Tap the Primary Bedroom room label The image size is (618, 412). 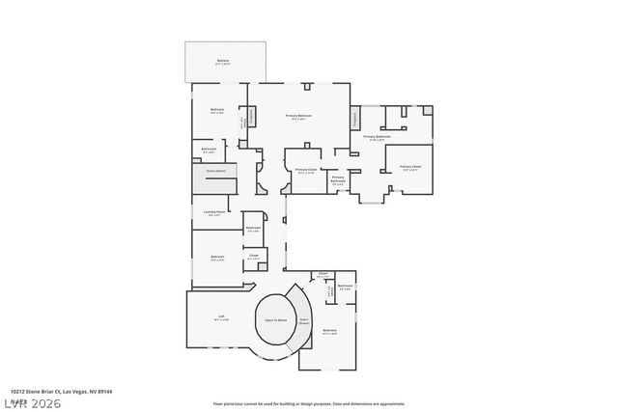(x=298, y=117)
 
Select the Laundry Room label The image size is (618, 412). (x=214, y=213)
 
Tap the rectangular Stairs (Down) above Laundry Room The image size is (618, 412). (x=214, y=171)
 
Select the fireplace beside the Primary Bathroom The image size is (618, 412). (x=354, y=120)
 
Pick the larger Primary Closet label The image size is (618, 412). (x=409, y=167)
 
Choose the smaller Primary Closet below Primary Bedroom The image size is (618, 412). (x=306, y=171)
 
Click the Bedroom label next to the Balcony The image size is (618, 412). (x=217, y=110)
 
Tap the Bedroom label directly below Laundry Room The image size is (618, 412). (x=217, y=258)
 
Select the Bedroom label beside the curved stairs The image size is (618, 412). (x=330, y=331)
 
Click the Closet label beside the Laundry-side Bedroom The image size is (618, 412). (x=253, y=258)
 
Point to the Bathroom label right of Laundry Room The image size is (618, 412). (x=253, y=229)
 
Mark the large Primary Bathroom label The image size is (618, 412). (x=377, y=138)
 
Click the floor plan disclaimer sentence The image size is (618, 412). (x=309, y=402)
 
